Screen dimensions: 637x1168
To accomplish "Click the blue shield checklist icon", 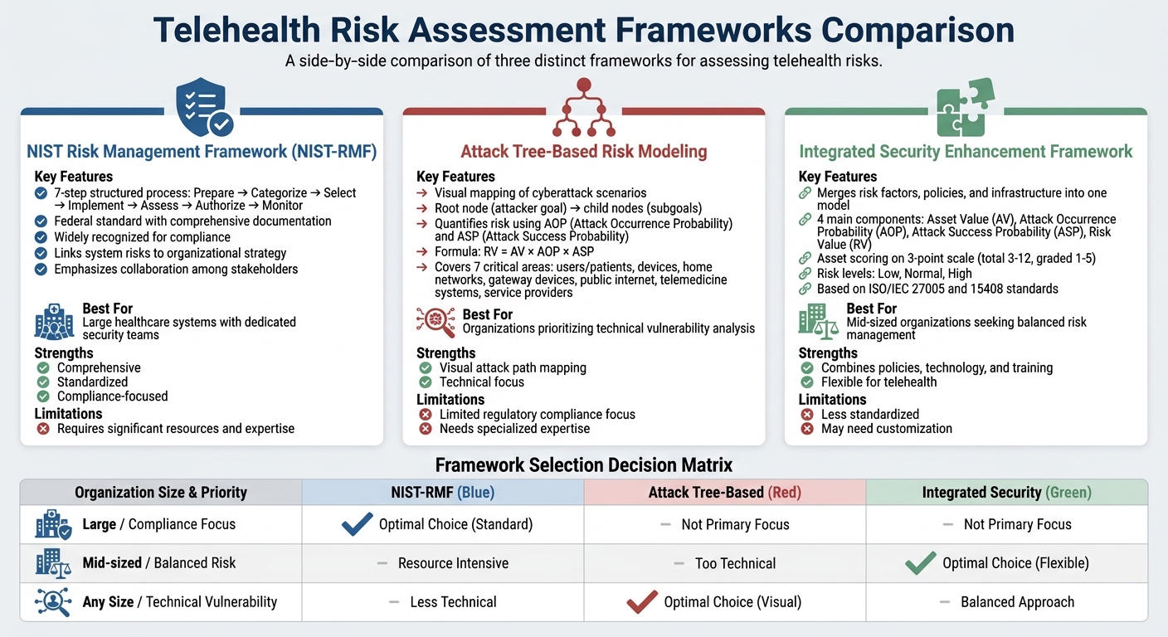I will [202, 108].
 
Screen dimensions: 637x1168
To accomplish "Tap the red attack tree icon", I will [584, 108].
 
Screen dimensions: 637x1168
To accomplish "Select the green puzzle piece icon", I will [966, 108].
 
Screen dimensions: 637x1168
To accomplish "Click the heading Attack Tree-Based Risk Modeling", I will [584, 151].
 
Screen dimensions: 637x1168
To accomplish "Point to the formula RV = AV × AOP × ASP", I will [514, 251].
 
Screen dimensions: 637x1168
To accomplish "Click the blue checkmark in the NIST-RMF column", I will [357, 524].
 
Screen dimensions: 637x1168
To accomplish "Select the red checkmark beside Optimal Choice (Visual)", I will [642, 601].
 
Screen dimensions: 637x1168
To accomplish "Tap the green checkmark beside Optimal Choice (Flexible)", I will [921, 563].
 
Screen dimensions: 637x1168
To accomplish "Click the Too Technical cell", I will [735, 563].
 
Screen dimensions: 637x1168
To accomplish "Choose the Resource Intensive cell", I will [453, 563].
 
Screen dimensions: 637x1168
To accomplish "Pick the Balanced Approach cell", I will [1017, 602].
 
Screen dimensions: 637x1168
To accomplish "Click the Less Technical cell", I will [453, 602].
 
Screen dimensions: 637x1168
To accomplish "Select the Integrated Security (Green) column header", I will [1006, 493].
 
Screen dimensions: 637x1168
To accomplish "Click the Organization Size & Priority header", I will [161, 493].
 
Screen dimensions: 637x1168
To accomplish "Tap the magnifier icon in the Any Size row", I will [53, 602].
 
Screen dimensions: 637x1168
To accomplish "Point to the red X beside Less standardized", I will [806, 414].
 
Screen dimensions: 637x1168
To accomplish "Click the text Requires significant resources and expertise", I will [176, 429].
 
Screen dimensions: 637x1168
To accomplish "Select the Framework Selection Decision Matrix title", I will [584, 465].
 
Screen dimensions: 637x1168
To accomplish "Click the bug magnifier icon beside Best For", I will [436, 322].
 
